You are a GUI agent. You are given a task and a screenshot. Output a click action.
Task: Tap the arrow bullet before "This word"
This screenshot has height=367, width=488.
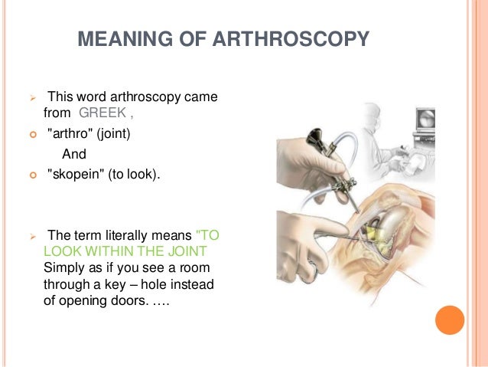(x=32, y=99)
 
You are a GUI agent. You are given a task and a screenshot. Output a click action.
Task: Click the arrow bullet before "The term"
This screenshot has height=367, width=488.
(x=32, y=235)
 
